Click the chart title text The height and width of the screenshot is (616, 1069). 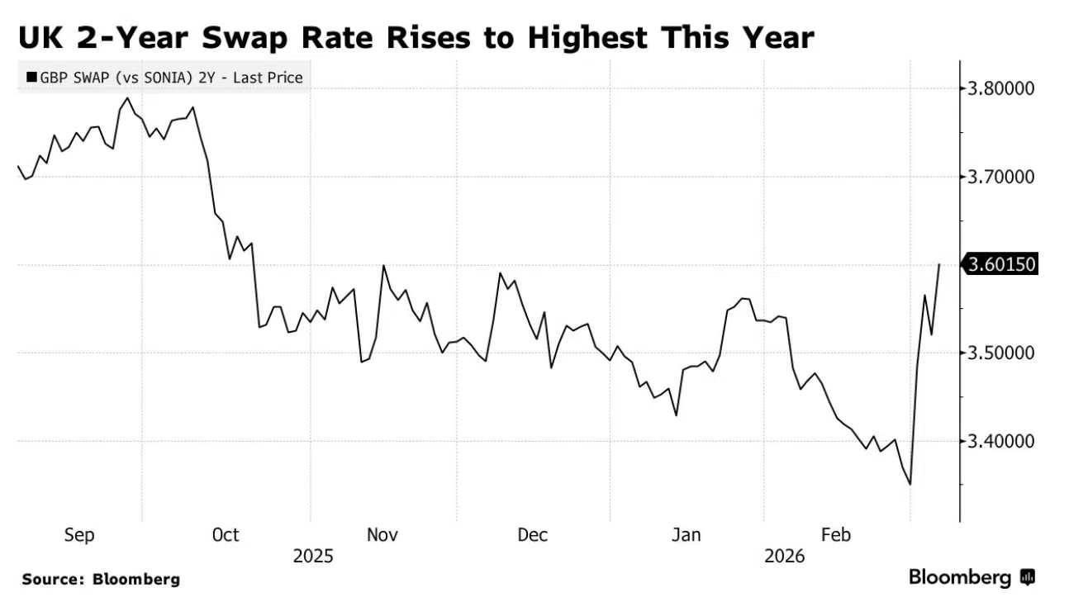coord(417,37)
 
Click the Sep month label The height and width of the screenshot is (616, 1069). coord(79,535)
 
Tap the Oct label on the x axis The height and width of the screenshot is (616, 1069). coord(226,535)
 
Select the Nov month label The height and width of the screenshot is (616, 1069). coord(382,535)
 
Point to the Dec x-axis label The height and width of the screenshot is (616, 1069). coord(532,535)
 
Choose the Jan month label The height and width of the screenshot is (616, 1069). coord(686,535)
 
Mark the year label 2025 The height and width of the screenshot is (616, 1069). coord(313,557)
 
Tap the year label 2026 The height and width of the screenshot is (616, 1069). coord(785,557)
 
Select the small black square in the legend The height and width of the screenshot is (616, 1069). coord(31,78)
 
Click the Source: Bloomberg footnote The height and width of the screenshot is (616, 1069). coord(101,580)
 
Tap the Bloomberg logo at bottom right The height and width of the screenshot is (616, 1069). coord(972,577)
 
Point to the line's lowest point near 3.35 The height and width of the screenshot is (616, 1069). coord(910,485)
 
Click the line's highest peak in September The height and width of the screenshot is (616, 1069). coord(127,98)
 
